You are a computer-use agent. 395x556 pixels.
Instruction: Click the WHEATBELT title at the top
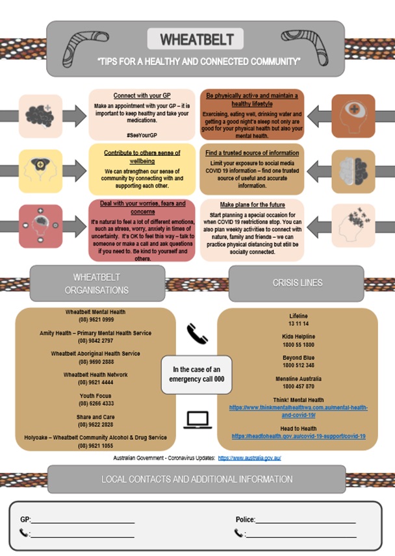point(196,39)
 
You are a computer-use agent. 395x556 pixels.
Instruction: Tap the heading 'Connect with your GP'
point(142,95)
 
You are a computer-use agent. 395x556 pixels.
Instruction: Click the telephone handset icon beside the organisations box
point(196,334)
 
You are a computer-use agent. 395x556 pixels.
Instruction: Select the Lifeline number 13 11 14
point(298,323)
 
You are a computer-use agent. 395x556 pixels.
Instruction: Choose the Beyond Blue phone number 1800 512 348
point(298,365)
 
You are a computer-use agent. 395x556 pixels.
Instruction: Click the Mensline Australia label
point(298,378)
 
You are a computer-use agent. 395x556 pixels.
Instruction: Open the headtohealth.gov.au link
point(298,436)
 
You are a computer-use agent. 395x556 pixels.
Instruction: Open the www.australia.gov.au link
point(249,458)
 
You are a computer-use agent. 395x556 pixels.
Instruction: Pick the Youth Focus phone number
point(96,403)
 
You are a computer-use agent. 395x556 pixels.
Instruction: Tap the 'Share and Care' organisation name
point(96,416)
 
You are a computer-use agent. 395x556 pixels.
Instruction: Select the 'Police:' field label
point(245,520)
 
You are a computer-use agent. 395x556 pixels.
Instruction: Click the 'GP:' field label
point(25,520)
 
